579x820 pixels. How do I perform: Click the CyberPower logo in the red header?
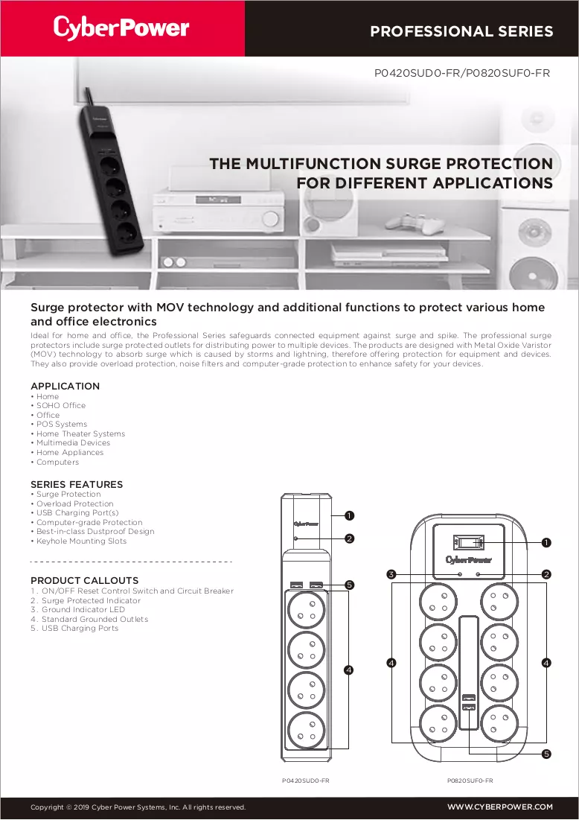pos(121,28)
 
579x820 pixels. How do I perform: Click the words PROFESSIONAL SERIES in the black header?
pos(461,31)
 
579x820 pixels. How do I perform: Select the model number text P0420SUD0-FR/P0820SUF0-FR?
pos(462,73)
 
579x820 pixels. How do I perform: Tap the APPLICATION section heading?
pos(65,386)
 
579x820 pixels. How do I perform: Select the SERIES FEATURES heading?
pos(77,484)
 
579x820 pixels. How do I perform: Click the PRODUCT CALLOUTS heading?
pos(85,580)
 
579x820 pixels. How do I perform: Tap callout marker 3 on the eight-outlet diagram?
pos(391,574)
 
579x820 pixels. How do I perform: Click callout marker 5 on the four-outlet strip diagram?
pos(350,585)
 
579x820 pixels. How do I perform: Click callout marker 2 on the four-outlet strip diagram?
pos(350,538)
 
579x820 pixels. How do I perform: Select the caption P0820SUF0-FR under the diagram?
pos(470,781)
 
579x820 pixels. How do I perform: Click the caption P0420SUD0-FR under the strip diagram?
pos(306,781)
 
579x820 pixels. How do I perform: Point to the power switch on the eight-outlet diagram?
pos(469,542)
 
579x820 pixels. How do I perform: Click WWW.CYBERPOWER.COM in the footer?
pos(500,807)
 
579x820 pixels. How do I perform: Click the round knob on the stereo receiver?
pos(271,218)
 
